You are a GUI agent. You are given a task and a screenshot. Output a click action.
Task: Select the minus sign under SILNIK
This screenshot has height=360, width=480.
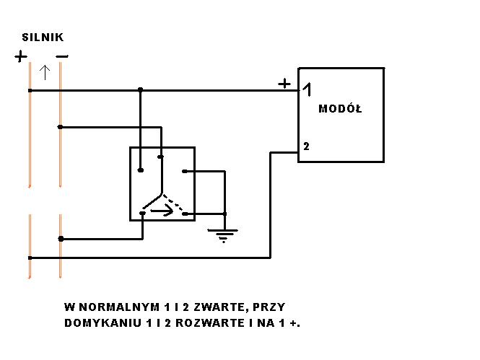[x=62, y=56]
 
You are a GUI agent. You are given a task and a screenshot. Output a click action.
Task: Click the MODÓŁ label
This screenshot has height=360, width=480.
[x=340, y=109]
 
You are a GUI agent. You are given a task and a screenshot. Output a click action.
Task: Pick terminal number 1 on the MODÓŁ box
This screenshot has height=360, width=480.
[x=307, y=89]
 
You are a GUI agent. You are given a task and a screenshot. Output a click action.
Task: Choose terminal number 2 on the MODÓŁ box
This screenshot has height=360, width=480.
[x=306, y=146]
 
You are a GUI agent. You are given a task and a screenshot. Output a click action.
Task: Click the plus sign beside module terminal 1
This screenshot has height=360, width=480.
[x=285, y=84]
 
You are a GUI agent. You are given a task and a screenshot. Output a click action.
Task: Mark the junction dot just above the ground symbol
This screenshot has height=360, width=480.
[x=225, y=214]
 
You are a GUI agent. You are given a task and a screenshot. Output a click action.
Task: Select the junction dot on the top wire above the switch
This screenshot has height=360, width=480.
[x=141, y=90]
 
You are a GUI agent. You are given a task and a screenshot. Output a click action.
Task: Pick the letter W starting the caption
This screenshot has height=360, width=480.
[x=69, y=307]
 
